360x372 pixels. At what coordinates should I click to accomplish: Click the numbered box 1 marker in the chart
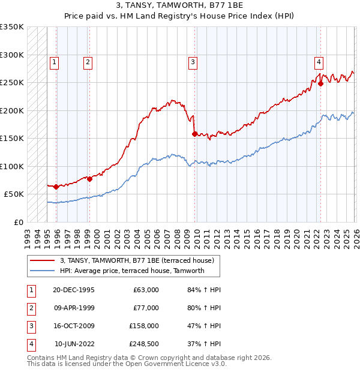pyautogui.click(x=55, y=61)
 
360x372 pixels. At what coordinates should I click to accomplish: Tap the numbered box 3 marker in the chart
pyautogui.click(x=193, y=61)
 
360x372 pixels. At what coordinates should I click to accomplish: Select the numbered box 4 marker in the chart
pyautogui.click(x=319, y=61)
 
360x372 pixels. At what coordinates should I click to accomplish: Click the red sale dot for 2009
pyautogui.click(x=194, y=134)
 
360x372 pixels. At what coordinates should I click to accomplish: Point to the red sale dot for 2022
pyautogui.click(x=320, y=84)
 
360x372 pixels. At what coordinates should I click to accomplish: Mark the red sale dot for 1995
pyautogui.click(x=56, y=187)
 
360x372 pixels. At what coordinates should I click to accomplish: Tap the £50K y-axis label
pyautogui.click(x=14, y=194)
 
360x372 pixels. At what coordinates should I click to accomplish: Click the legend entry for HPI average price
pyautogui.click(x=132, y=271)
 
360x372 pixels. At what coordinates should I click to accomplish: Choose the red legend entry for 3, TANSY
pyautogui.click(x=132, y=260)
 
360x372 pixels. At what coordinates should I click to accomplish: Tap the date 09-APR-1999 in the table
pyautogui.click(x=74, y=308)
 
